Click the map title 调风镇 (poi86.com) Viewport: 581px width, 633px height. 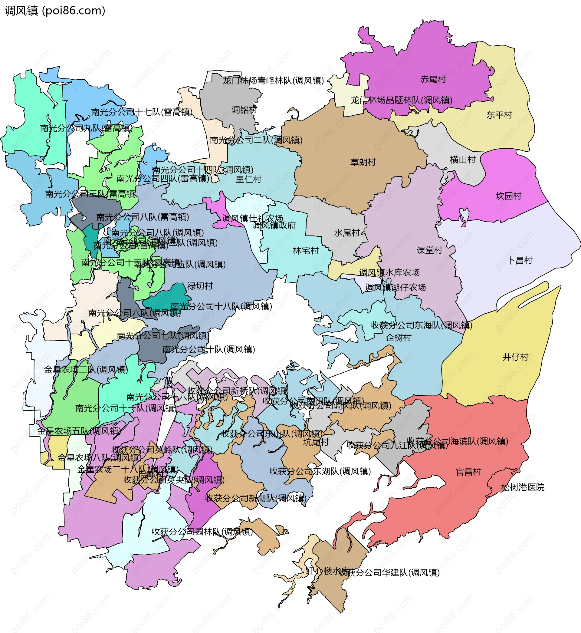point(55,11)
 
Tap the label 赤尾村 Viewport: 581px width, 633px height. point(433,80)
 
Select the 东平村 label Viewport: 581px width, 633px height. point(499,115)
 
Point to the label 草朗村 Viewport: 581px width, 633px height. point(363,162)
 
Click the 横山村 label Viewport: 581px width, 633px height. point(462,160)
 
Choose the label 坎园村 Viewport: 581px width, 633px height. point(508,196)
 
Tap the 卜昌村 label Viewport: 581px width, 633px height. point(520,260)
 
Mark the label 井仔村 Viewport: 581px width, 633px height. point(515,357)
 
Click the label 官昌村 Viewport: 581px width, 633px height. point(468,472)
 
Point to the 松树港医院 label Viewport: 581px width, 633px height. point(523,487)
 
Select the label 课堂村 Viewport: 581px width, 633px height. point(429,250)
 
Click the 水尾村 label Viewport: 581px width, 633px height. point(347,233)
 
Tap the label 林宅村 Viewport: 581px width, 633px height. point(306,251)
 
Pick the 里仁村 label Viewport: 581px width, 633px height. point(248,180)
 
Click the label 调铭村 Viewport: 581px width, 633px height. point(244,110)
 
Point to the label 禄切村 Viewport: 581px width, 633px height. point(200,286)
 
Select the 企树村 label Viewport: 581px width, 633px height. point(398,338)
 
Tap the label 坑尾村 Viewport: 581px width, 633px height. point(316,442)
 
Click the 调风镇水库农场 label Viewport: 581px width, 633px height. point(389,273)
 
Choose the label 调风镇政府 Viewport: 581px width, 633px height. point(274,226)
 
